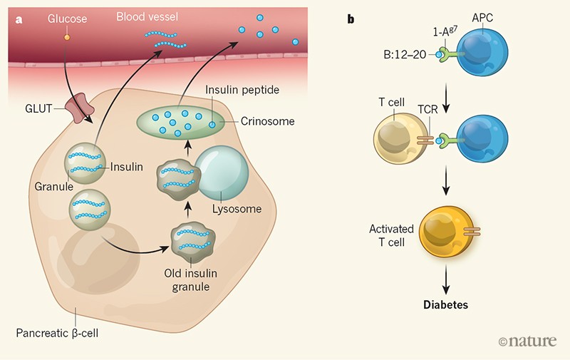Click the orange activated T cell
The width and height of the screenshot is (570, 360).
[x=448, y=233]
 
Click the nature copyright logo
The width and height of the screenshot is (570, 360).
[x=527, y=341]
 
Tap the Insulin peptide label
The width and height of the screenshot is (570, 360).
[x=237, y=91]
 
